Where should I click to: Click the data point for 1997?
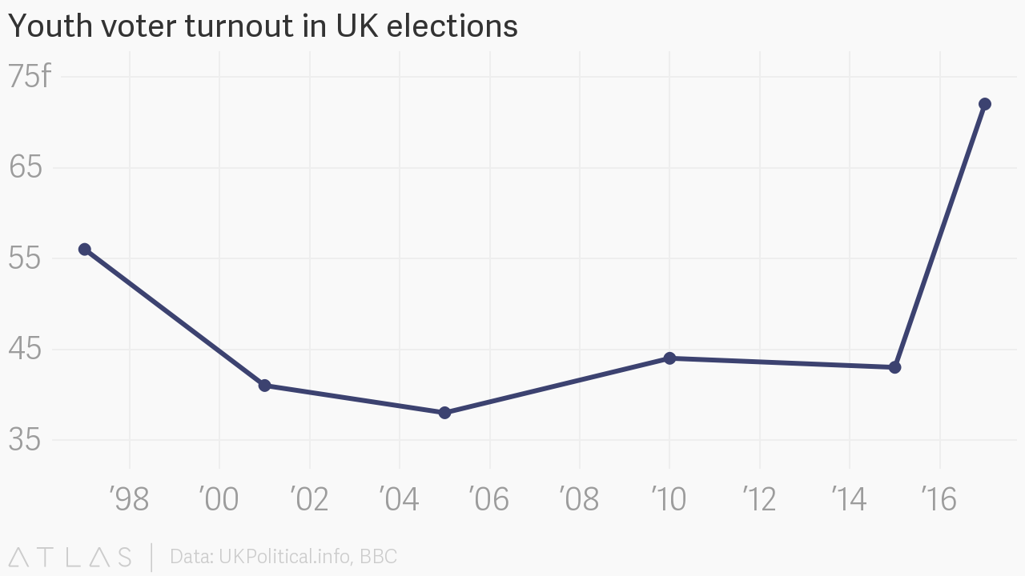pos(84,250)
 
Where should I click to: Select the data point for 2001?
pos(264,386)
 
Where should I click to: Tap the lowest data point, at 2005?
pos(444,413)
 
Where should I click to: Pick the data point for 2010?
pos(669,358)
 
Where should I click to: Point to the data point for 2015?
pos(894,367)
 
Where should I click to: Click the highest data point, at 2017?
pos(985,104)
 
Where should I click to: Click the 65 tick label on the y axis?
pos(25,168)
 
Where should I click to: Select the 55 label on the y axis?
pos(25,259)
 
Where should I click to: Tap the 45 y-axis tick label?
pos(25,350)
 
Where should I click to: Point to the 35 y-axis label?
pos(25,440)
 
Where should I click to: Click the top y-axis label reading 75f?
pos(29,78)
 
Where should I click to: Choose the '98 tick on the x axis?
pos(129,500)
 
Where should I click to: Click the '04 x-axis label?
pos(399,500)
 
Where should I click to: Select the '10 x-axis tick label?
pos(669,500)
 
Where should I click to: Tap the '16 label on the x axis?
pos(939,500)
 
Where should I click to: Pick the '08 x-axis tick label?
pos(579,500)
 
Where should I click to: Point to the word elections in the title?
pos(452,26)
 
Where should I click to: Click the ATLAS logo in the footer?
pos(70,557)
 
